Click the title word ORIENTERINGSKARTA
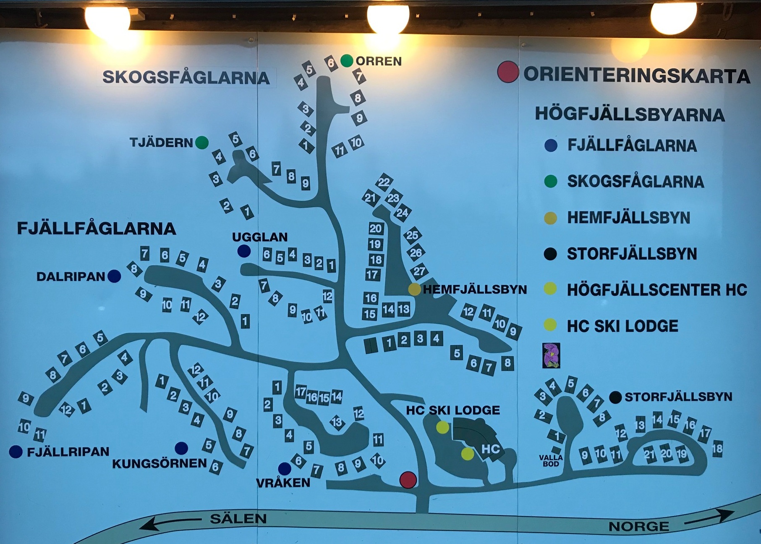pyautogui.click(x=636, y=76)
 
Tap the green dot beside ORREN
pyautogui.click(x=347, y=61)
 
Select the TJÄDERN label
pyautogui.click(x=161, y=143)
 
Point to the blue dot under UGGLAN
pyautogui.click(x=244, y=251)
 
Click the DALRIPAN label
pyautogui.click(x=71, y=277)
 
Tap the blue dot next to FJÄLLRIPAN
pyautogui.click(x=16, y=452)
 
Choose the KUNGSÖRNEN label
pyautogui.click(x=159, y=463)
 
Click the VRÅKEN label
pyautogui.click(x=283, y=483)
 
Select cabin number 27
pyautogui.click(x=419, y=271)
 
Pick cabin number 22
pyautogui.click(x=384, y=182)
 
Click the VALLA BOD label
pyautogui.click(x=551, y=460)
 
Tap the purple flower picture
pyautogui.click(x=551, y=355)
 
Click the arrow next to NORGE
pyautogui.click(x=709, y=518)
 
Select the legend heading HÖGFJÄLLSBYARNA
pyautogui.click(x=630, y=115)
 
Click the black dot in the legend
pyautogui.click(x=550, y=254)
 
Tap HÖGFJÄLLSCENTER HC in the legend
pyautogui.click(x=657, y=290)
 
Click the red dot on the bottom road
pyautogui.click(x=408, y=480)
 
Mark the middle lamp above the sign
pyautogui.click(x=388, y=18)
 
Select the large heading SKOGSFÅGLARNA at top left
pyautogui.click(x=186, y=78)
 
